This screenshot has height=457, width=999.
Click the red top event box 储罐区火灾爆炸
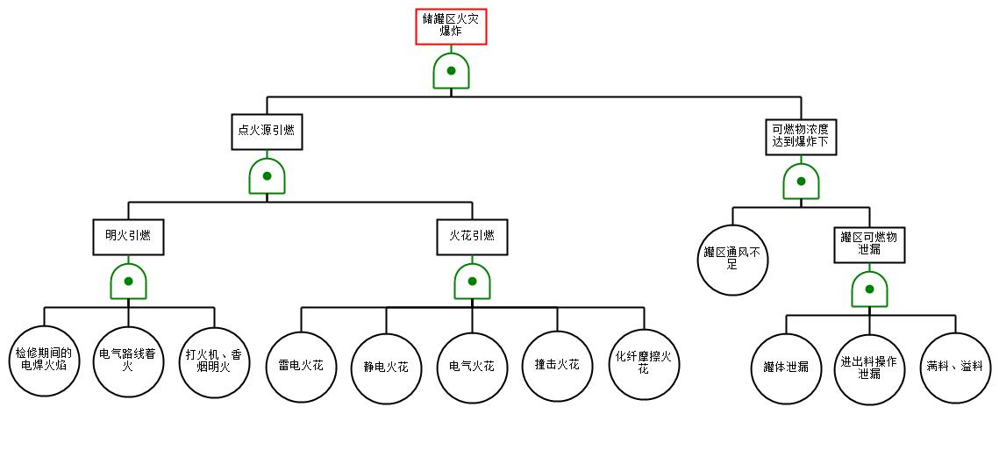451,26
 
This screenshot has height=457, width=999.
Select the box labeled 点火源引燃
267,132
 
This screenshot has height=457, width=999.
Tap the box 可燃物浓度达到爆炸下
801,137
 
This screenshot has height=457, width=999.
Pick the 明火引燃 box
128,237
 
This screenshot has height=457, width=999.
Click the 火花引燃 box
472,237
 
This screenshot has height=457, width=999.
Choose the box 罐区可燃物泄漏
869,244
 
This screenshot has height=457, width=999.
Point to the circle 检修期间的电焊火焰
44,361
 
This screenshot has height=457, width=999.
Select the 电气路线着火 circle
128,361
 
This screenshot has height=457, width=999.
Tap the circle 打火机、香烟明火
214,362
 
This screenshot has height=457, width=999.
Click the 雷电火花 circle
301,368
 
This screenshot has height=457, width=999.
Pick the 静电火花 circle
386,368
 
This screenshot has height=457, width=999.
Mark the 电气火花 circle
472,368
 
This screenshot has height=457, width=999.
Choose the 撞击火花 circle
558,367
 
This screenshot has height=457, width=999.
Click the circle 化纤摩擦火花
644,365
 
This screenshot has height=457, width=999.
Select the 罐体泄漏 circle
786,368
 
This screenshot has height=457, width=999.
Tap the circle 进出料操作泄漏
869,368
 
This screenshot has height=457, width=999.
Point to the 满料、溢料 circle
955,368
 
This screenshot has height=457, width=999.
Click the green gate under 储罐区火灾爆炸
451,70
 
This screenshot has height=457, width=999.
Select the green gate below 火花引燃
472,281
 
